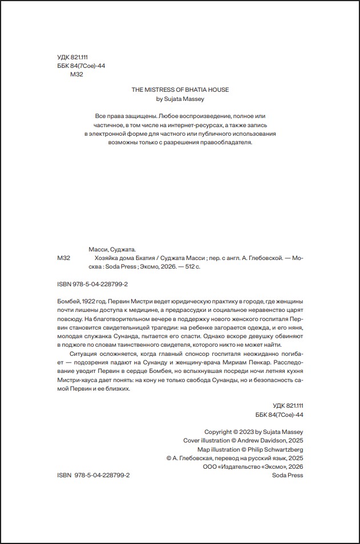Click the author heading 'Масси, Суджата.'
[113, 249]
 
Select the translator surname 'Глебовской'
[261, 258]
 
